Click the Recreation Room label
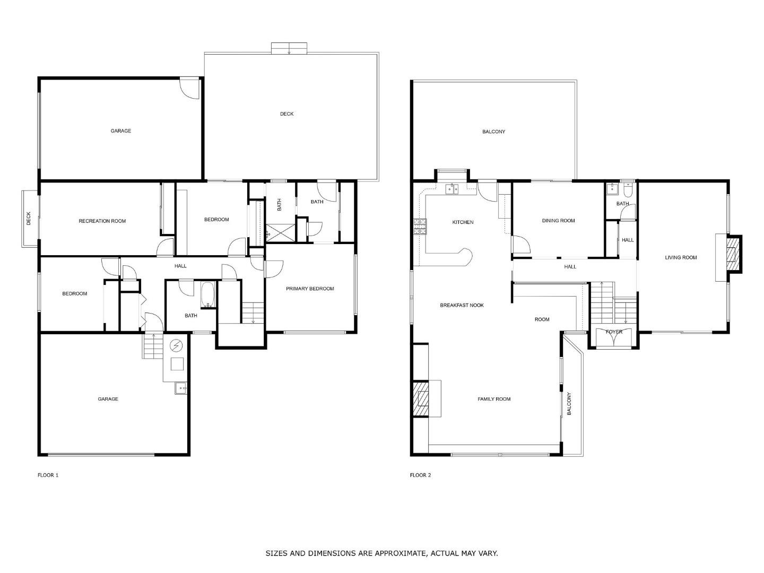102,221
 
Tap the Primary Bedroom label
310,289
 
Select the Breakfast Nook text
462,305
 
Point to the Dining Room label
558,221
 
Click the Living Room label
681,257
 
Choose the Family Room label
494,399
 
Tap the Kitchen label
463,222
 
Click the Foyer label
614,332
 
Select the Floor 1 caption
48,475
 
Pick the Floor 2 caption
420,475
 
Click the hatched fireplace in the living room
733,254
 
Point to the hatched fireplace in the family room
421,398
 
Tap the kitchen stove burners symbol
420,227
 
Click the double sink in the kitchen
452,189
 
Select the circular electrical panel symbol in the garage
176,345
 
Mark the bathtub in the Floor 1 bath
208,295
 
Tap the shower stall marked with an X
281,233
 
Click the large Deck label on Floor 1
287,114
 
